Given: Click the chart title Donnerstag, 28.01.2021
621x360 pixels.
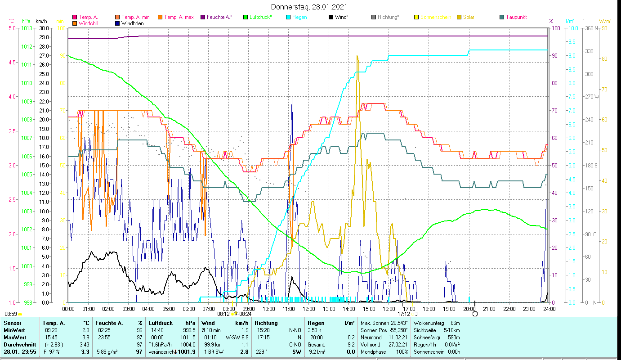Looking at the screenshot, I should (309, 7).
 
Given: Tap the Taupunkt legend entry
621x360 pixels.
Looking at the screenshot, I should (516, 17).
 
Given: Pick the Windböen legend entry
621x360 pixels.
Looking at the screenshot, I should (133, 23).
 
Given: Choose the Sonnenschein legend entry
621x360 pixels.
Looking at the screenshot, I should (435, 17).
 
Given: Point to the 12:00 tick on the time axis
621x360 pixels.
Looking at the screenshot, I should (309, 309).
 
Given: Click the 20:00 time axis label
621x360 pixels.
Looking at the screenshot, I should (469, 309).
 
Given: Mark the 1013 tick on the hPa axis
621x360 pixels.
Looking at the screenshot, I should (27, 28).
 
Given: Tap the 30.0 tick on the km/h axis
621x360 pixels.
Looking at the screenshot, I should (44, 28).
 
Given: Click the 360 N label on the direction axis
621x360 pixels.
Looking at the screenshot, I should (590, 28).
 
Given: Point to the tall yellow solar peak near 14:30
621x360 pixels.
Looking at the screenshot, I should (357, 57).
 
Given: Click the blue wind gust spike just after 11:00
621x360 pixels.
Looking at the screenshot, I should (292, 98).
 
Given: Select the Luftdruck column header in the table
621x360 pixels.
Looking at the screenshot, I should (161, 323).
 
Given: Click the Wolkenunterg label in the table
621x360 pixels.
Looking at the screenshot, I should (429, 323).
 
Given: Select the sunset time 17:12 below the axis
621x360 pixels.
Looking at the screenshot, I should (404, 314).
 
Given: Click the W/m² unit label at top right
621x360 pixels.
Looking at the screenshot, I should (604, 21).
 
